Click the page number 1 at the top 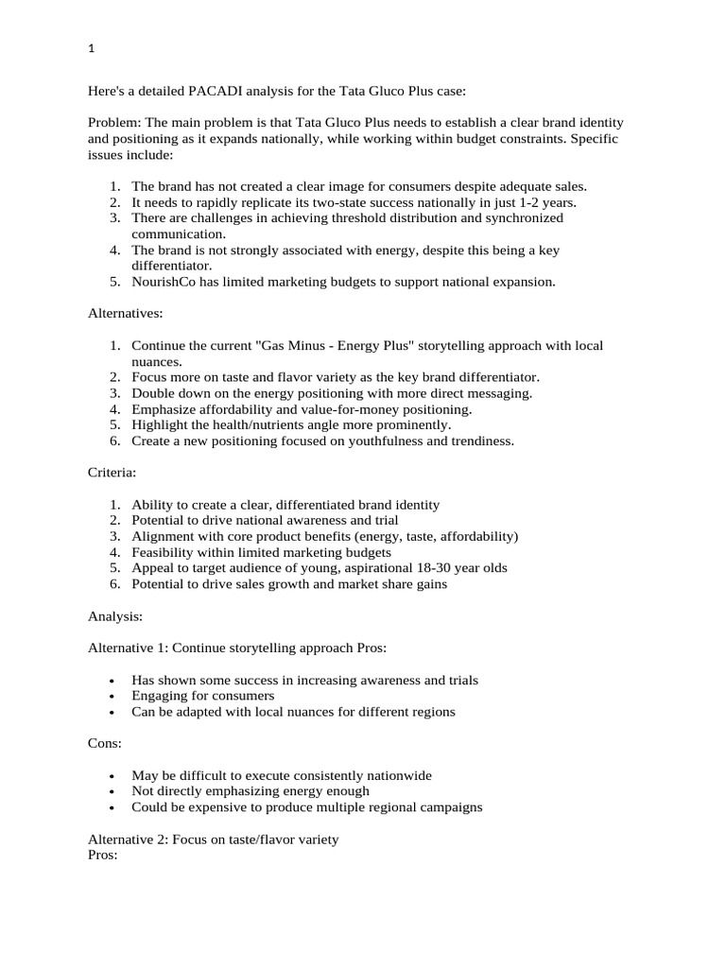(x=91, y=50)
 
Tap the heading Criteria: (x=112, y=473)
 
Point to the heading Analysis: (x=115, y=615)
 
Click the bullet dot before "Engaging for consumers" (x=112, y=697)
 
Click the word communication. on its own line (x=179, y=233)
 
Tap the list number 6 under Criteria (x=113, y=584)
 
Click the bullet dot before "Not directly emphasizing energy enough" (x=112, y=792)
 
